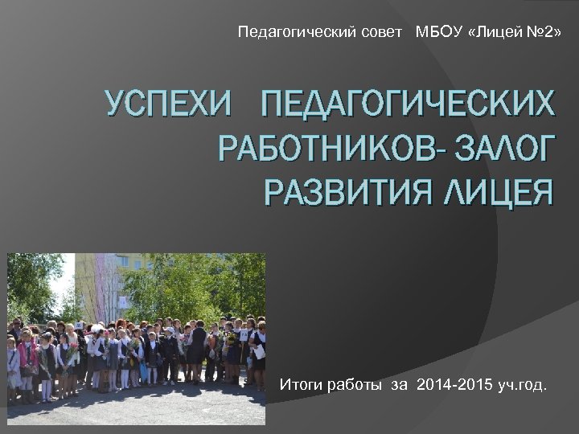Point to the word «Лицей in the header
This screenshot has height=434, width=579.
click(x=491, y=33)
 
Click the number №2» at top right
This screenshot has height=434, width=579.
click(x=543, y=33)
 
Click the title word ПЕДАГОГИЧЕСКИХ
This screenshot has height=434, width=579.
click(x=402, y=104)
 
